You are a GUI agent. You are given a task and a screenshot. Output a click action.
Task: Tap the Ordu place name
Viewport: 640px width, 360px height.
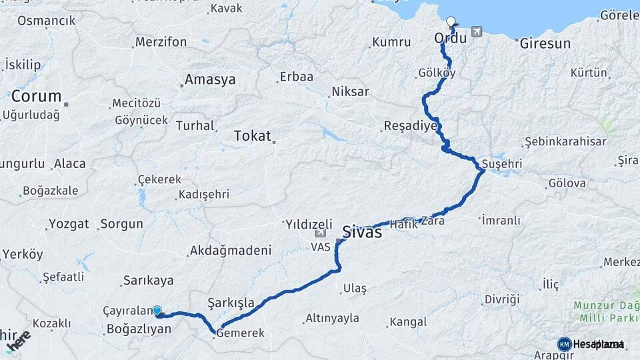coord(450,39)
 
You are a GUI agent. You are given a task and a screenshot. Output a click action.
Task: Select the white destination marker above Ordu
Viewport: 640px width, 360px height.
coord(451,22)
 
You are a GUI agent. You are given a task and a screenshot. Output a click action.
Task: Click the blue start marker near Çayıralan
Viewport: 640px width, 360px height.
coord(157,311)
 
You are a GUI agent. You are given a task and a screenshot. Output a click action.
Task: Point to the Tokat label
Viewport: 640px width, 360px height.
coord(252,137)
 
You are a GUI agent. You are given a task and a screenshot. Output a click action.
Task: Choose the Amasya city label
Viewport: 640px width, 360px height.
coord(210,80)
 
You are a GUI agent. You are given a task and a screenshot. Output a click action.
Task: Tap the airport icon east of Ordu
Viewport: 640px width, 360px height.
coord(476,31)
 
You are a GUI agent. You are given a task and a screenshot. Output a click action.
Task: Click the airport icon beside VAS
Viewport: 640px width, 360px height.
coord(321,233)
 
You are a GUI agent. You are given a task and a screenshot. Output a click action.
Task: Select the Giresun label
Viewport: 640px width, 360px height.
coord(544,44)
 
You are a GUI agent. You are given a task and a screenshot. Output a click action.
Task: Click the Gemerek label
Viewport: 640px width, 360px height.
coord(242,333)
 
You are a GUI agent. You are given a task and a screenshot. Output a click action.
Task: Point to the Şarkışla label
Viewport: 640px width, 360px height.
coord(231,303)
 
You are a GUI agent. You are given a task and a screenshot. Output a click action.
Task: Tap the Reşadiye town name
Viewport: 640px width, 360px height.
coord(411,126)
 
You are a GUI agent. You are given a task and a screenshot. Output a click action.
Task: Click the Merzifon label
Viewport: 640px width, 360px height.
coord(161,42)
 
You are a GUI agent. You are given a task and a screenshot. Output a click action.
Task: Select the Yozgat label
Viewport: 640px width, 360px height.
coord(69,224)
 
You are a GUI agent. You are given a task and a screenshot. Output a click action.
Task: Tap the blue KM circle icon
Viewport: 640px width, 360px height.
coord(564,344)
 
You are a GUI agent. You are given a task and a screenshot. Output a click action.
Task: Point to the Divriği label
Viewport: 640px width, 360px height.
coord(501,299)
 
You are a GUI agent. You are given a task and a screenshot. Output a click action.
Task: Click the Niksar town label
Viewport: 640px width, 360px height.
coord(349,91)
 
